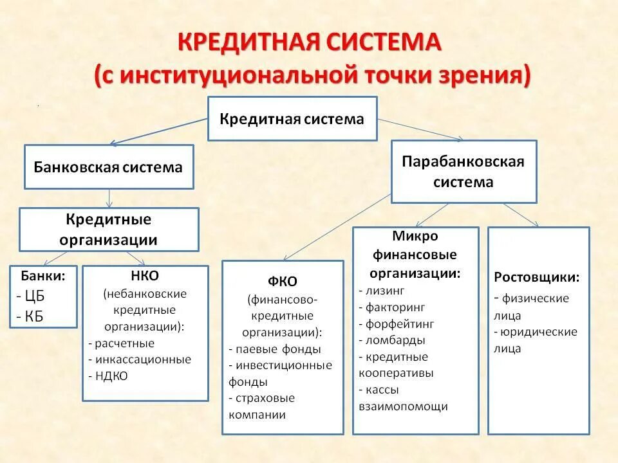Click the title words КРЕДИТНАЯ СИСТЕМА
point(309,44)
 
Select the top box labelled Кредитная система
point(292,119)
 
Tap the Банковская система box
point(108,167)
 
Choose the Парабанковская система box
point(464,171)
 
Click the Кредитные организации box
point(109,230)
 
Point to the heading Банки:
point(43,276)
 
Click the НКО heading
point(145,276)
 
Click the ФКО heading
point(282,282)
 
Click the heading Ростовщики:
point(537,278)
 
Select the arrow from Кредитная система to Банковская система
point(158,131)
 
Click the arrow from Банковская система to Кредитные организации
point(109,198)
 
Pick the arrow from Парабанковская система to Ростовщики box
point(521,215)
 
